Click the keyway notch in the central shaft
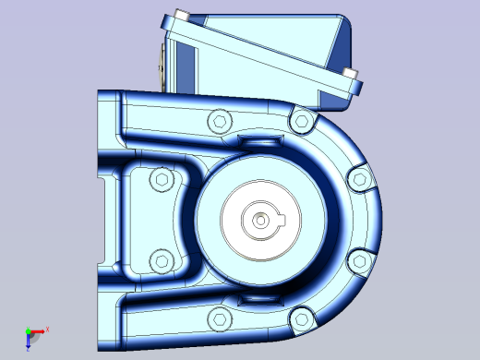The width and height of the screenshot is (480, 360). pos(282,220)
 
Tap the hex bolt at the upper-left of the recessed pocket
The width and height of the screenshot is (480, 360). pos(162,179)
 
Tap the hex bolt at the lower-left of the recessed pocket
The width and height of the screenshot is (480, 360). pos(162,261)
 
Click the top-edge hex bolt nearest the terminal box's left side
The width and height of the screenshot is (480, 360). pos(219,121)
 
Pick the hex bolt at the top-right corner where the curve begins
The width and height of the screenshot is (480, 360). pos(300,117)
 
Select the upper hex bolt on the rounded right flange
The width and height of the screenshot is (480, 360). pos(357,179)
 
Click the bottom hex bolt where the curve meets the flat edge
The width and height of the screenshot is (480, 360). pos(300,320)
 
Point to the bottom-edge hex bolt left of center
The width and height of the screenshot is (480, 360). pos(219,319)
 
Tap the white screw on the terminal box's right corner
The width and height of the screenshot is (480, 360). pos(349,73)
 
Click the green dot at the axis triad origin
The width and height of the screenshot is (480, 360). pos(28,330)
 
